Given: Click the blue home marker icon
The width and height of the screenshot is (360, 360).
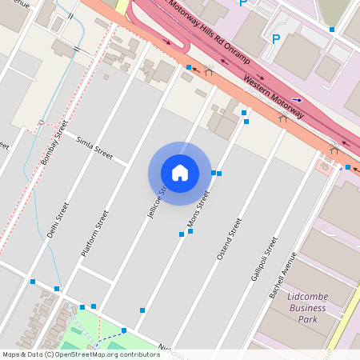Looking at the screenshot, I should (179, 172).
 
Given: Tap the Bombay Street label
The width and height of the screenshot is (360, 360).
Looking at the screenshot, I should (54, 143).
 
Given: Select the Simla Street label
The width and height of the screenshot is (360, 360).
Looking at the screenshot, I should (94, 146).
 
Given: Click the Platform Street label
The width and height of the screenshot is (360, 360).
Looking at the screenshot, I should (94, 233).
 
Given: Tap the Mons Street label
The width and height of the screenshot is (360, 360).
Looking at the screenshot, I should (198, 209).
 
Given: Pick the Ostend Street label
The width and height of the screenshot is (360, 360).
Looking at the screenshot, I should (229, 238).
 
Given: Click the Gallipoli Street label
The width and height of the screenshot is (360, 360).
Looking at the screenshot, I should (264, 258).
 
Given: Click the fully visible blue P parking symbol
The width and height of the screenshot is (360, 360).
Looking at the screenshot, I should (277, 38).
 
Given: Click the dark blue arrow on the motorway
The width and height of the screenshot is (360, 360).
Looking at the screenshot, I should (297, 99).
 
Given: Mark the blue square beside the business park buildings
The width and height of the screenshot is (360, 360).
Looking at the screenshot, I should (332, 30).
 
